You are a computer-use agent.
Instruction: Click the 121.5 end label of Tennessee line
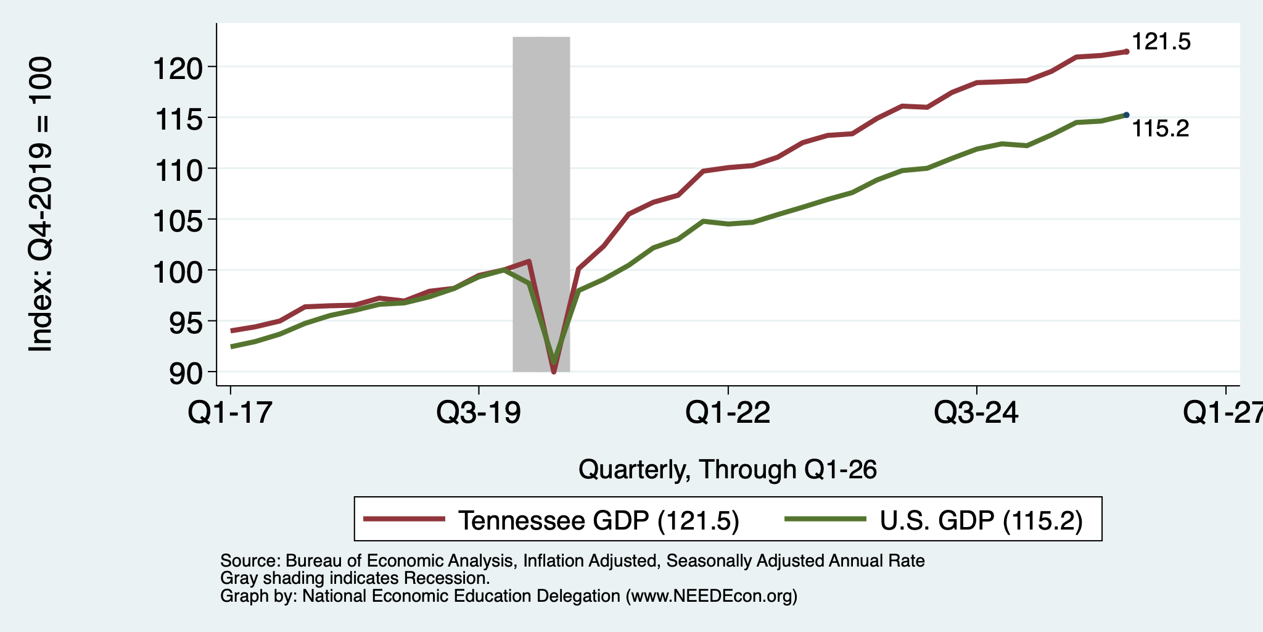pos(1161,42)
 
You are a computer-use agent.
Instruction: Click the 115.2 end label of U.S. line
pos(1161,128)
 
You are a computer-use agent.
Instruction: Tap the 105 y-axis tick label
pos(178,220)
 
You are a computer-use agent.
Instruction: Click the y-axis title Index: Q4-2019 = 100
pos(41,205)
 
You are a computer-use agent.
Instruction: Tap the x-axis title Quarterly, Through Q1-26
pos(728,470)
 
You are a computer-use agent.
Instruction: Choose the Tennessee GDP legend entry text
pos(599,520)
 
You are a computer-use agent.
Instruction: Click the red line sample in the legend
pos(405,519)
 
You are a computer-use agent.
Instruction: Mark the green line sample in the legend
pos(826,519)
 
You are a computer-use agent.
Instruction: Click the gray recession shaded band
pos(541,204)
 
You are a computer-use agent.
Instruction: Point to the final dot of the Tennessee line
pos(1127,52)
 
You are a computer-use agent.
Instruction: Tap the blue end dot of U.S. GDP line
pos(1127,115)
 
